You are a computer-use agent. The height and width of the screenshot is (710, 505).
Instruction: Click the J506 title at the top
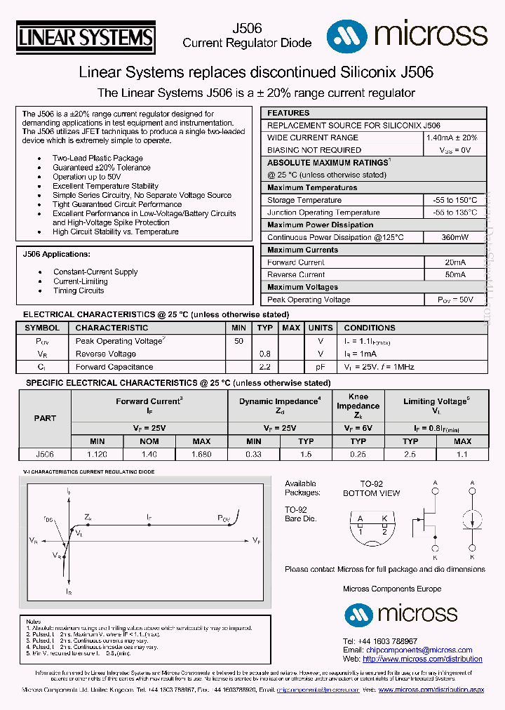247,28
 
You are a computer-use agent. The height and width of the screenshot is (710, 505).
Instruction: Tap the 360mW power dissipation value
454,237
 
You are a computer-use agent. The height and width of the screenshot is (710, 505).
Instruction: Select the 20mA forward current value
454,262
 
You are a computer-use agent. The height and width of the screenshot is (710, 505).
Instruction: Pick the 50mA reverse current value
454,275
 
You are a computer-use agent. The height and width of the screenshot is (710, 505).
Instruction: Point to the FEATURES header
288,113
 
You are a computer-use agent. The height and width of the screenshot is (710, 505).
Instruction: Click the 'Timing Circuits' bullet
79,290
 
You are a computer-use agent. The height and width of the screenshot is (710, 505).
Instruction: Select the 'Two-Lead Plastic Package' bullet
97,159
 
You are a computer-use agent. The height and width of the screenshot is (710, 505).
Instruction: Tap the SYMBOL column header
42,328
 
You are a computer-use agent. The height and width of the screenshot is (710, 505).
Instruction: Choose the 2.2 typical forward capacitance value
264,367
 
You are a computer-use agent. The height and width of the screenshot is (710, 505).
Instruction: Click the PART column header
45,418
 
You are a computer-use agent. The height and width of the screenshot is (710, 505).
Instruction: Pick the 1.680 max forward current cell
201,454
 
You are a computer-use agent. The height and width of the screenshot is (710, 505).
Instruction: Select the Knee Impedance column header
358,406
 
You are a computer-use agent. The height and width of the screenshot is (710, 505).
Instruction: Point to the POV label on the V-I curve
223,518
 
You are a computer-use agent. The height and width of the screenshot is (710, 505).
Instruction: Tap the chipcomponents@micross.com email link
419,650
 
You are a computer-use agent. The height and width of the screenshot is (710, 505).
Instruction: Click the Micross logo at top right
408,35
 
